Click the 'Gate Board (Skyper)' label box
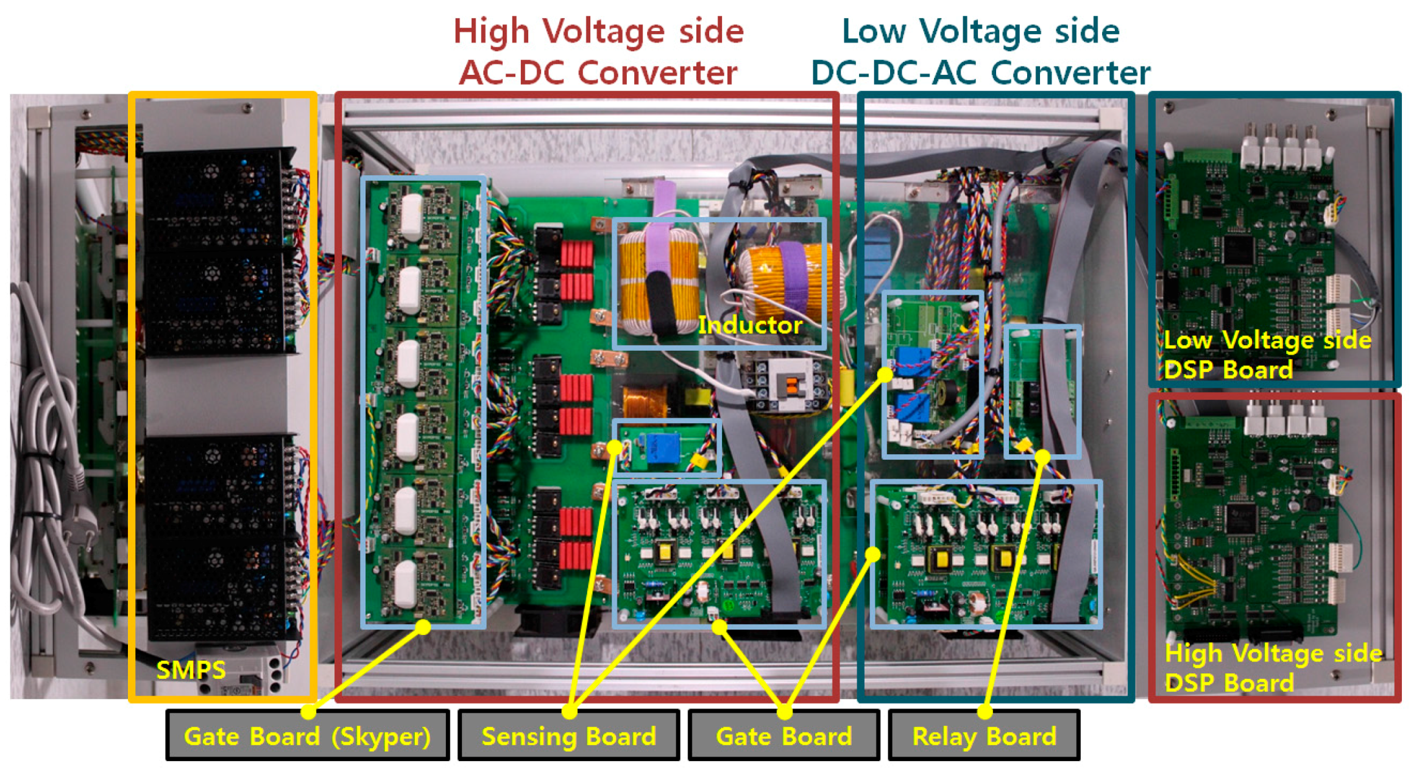(x=307, y=735)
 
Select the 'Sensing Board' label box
(x=568, y=735)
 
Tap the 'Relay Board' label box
(x=983, y=735)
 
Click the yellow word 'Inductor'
(x=750, y=325)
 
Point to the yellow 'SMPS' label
(x=191, y=670)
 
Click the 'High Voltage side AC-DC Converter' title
(x=598, y=52)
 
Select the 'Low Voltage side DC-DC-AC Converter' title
(x=980, y=52)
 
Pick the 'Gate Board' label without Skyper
(x=783, y=735)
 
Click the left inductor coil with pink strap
(x=658, y=280)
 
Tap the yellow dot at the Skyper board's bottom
(x=423, y=626)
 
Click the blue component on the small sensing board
(x=663, y=449)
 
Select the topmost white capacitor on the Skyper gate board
(x=411, y=216)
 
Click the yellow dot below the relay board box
(x=1042, y=457)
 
